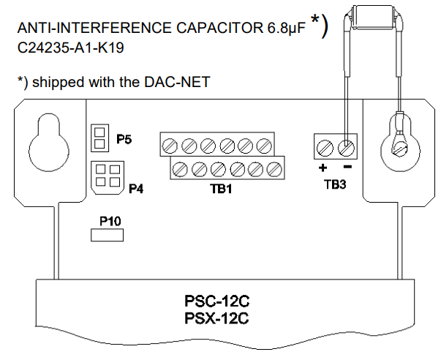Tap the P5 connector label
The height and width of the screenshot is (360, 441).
pos(124,138)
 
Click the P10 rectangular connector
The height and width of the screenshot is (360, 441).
pos(106,234)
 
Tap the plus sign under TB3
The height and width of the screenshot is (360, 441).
pos(321,168)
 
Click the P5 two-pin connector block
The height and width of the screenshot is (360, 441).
pos(99,137)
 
